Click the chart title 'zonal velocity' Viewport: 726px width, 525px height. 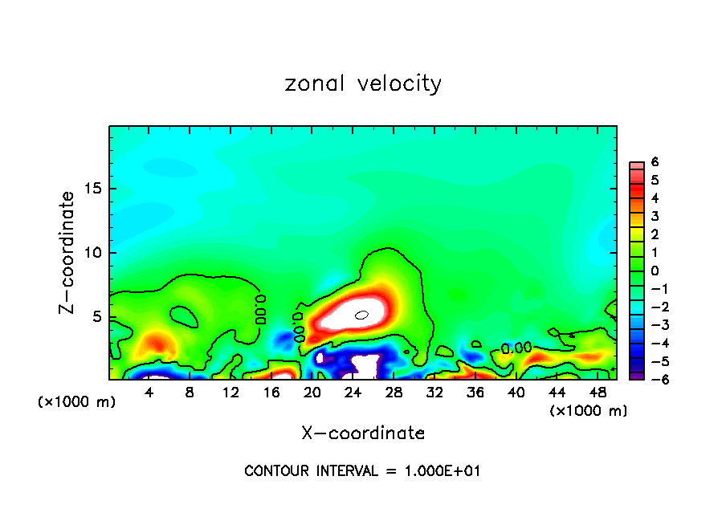coord(363,83)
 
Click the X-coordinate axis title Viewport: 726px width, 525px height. coord(363,433)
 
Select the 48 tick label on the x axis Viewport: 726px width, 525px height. coord(597,393)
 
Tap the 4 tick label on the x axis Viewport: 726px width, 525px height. coord(149,393)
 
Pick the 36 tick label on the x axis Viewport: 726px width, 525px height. coord(475,393)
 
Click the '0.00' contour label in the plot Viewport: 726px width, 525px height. coord(516,348)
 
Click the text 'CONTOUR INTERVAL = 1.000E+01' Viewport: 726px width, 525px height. coord(362,471)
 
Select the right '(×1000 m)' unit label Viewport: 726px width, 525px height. coord(589,411)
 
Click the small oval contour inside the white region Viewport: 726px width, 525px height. coord(361,315)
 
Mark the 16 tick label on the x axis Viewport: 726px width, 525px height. coord(271,393)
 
